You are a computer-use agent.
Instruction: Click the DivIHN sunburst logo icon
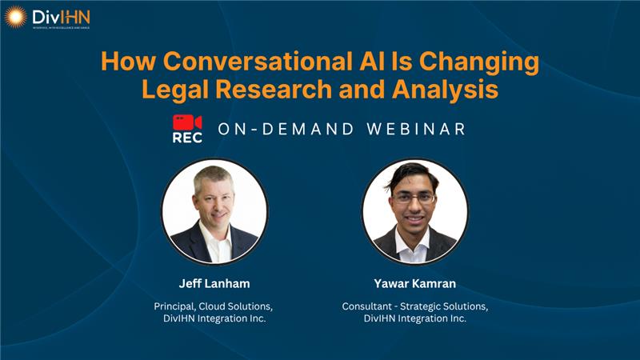[16, 16]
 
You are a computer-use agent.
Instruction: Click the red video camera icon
[187, 122]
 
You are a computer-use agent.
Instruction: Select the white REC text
[187, 138]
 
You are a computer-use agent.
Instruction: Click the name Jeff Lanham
[214, 283]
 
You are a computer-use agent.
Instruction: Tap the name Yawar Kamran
[414, 283]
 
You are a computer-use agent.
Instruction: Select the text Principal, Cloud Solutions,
[214, 306]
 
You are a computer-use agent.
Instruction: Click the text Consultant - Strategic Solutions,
[414, 306]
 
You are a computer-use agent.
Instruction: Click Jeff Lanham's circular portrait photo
[214, 212]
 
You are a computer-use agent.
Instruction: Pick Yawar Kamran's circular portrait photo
[414, 212]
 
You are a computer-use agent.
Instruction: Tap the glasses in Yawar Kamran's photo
[414, 198]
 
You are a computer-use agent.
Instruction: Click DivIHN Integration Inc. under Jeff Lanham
[214, 319]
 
